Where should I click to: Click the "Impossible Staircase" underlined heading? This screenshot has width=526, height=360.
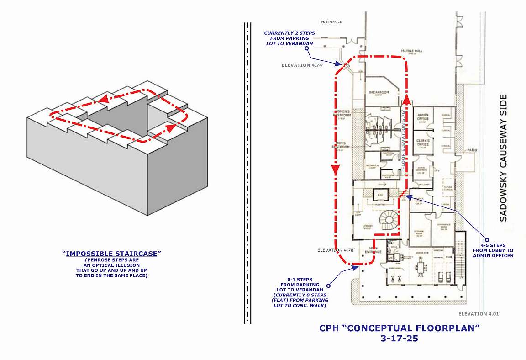112,253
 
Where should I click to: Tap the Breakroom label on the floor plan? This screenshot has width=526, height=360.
379,93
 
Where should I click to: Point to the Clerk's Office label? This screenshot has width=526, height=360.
423,143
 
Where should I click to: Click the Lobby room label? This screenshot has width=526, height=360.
368,227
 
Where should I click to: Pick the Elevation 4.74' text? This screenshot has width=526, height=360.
302,65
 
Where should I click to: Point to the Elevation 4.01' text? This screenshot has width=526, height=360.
479,314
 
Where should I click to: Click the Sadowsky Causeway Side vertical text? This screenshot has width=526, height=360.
503,158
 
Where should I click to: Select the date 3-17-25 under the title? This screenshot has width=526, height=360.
400,339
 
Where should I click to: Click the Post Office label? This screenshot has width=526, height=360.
331,22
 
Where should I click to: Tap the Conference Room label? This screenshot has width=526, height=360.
442,229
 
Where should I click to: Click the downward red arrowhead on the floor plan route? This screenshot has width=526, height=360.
335,170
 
